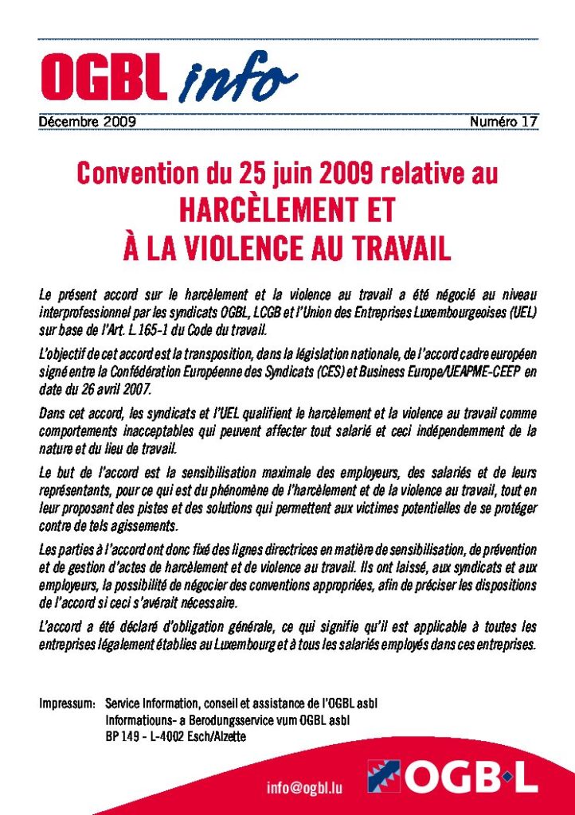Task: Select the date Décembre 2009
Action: pyautogui.click(x=88, y=122)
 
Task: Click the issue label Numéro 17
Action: pyautogui.click(x=503, y=122)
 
